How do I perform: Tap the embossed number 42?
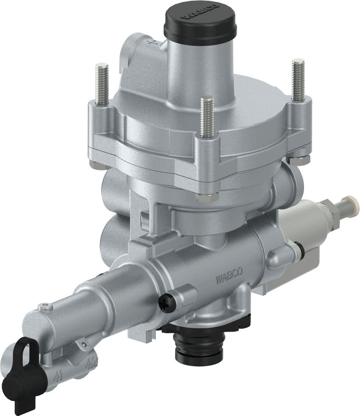coord(91,363)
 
